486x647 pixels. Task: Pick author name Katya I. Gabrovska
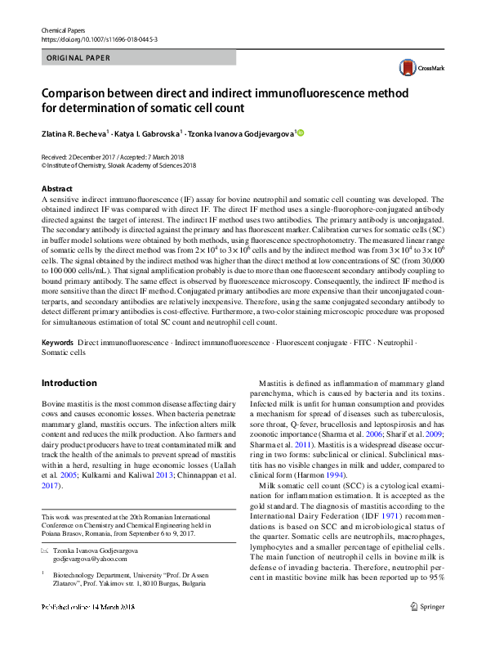(x=147, y=132)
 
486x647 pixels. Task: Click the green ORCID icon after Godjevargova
(x=300, y=132)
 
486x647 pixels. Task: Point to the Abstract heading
(x=57, y=188)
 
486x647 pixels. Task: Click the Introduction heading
(x=69, y=383)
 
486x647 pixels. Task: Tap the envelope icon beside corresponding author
(x=45, y=551)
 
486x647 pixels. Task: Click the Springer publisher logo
(x=429, y=630)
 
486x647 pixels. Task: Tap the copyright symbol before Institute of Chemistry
(x=43, y=164)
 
